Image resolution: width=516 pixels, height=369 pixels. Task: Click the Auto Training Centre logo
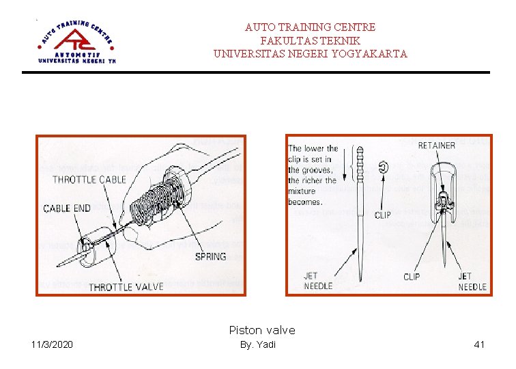click(76, 40)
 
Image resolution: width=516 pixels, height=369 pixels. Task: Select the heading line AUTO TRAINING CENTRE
click(310, 27)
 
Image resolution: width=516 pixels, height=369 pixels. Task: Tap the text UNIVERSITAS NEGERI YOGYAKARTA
click(310, 53)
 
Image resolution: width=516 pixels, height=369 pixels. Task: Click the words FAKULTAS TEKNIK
click(310, 40)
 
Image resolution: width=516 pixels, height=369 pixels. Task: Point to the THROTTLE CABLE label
click(89, 180)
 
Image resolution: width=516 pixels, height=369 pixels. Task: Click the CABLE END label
click(67, 208)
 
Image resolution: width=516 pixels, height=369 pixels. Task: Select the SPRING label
click(211, 256)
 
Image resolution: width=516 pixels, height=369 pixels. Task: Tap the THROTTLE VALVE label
click(126, 287)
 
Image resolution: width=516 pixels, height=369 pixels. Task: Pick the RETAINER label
click(436, 145)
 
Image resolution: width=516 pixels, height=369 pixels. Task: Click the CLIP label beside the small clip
click(383, 215)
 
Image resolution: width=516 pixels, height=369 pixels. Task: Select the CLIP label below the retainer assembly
click(412, 277)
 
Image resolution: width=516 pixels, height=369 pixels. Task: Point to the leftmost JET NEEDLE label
click(318, 281)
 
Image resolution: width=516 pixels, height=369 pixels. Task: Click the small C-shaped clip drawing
click(384, 166)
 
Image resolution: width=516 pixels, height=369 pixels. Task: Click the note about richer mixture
click(313, 175)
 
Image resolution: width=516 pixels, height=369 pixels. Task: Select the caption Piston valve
click(262, 330)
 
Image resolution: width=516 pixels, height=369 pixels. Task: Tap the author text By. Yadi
click(258, 344)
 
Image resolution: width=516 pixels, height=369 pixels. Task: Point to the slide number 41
click(479, 344)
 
